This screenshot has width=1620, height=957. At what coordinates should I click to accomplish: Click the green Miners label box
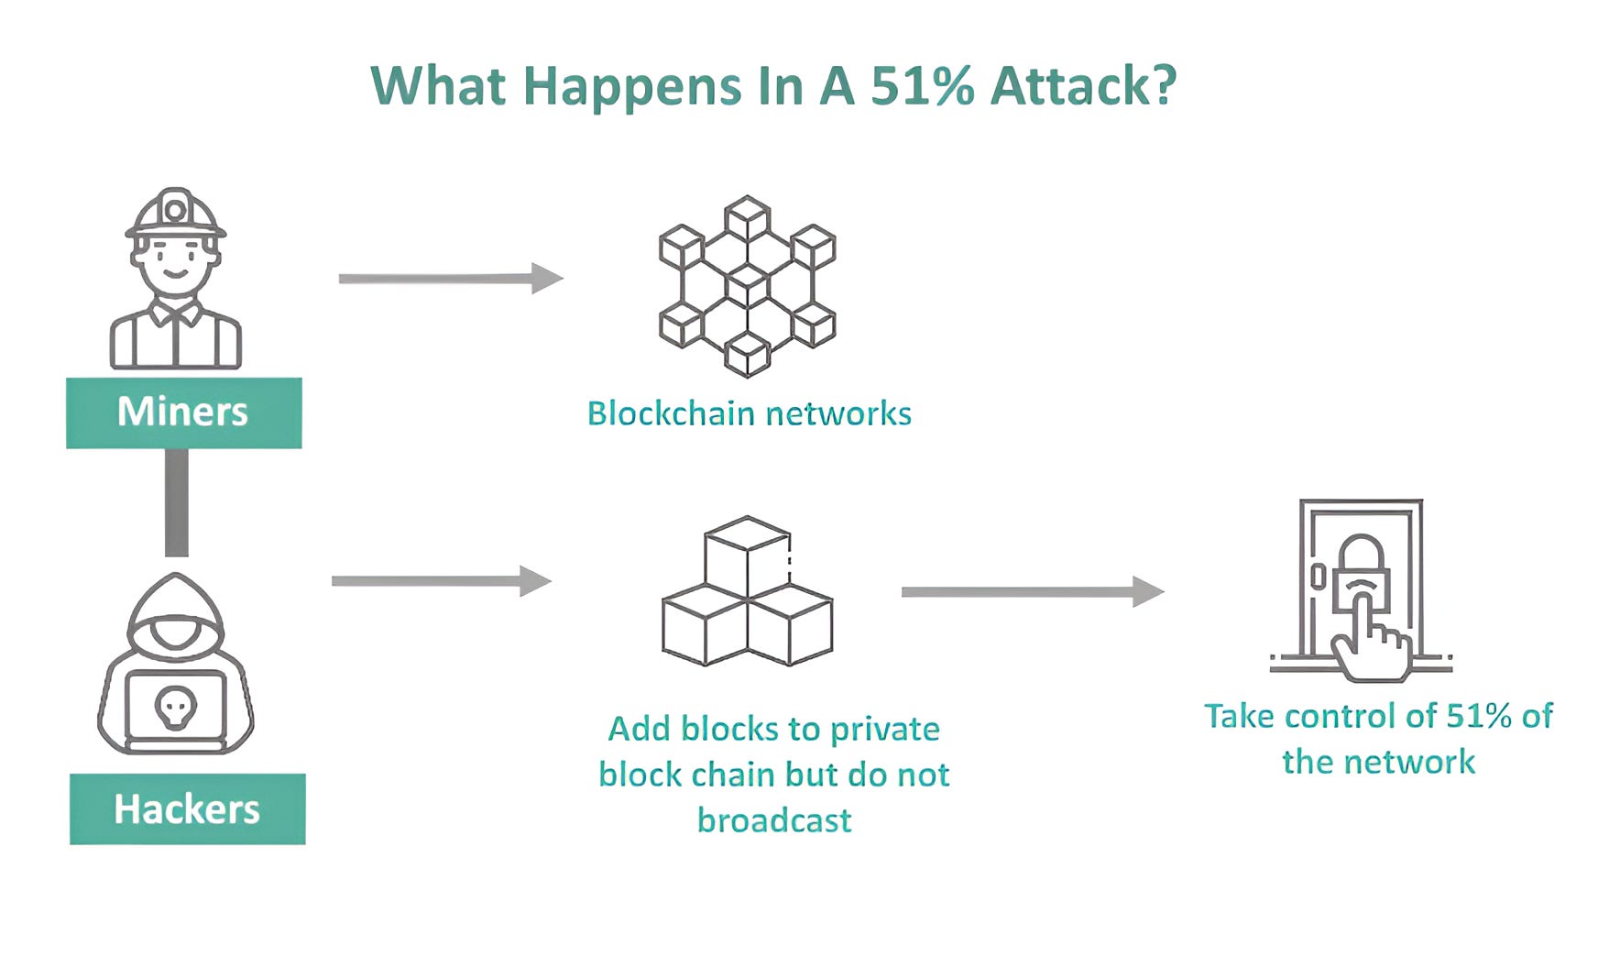183,412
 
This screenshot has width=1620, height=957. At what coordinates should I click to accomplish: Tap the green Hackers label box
187,808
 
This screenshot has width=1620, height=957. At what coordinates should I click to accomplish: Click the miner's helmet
175,213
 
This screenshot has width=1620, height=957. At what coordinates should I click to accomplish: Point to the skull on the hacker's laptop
175,707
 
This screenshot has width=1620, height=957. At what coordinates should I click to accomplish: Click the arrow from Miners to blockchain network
450,278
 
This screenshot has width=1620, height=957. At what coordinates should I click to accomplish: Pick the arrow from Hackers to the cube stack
441,580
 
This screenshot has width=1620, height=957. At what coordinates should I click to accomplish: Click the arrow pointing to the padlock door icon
1032,591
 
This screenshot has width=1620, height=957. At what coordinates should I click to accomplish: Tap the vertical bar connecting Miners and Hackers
176,502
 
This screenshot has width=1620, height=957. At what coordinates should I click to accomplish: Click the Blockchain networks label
749,413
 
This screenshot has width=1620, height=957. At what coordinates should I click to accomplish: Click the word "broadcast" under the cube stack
774,819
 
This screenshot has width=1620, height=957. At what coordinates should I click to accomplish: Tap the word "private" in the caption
884,730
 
